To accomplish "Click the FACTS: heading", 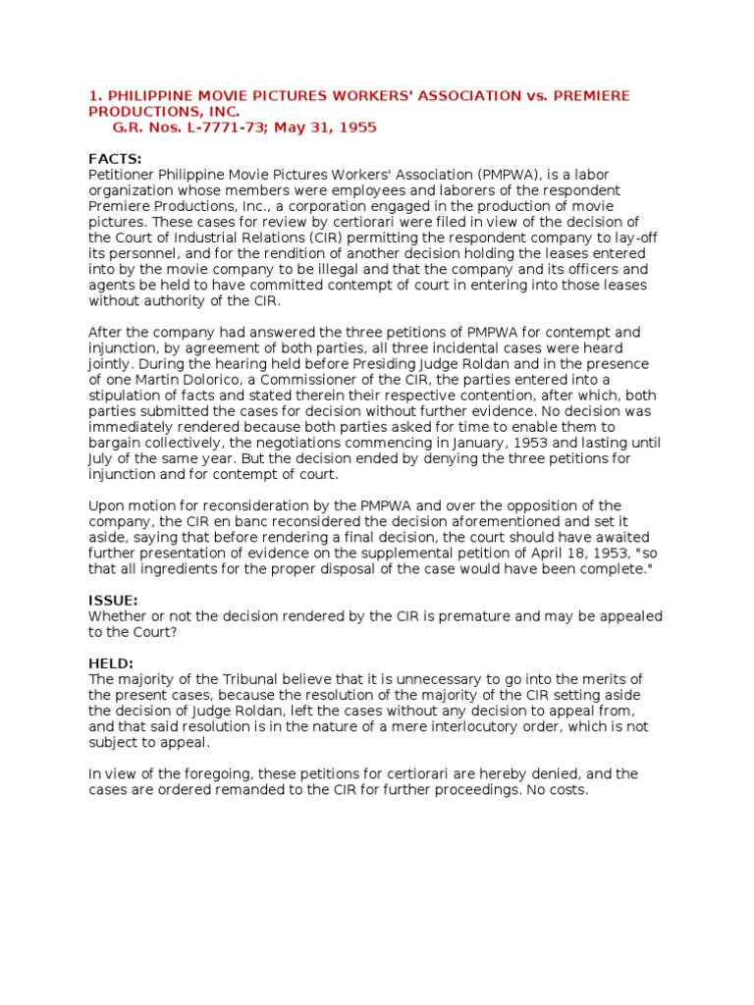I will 115,159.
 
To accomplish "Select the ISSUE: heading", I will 113,601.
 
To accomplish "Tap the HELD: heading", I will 111,663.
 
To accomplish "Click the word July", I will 104,459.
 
